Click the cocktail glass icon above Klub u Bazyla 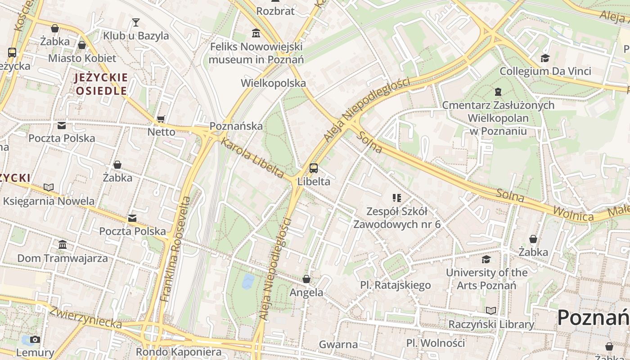click(x=135, y=22)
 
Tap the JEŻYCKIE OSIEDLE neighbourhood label click(x=101, y=84)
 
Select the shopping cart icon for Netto click(x=161, y=119)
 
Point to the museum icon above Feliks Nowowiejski click(x=256, y=33)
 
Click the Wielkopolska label click(x=273, y=83)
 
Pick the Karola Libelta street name click(x=252, y=158)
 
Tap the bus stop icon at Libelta click(x=314, y=168)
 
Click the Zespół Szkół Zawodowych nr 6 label click(x=397, y=217)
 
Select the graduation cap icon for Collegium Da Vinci click(x=545, y=58)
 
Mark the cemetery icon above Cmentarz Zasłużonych click(x=498, y=92)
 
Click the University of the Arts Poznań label click(x=486, y=279)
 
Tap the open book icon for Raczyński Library click(x=491, y=310)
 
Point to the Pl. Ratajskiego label click(x=395, y=285)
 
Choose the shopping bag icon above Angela click(x=306, y=279)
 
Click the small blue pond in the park click(x=248, y=281)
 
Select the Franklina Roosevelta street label click(x=175, y=248)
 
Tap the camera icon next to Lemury click(x=35, y=339)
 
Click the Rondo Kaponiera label click(x=179, y=351)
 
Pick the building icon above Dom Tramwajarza click(x=63, y=245)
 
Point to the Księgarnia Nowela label click(x=49, y=201)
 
